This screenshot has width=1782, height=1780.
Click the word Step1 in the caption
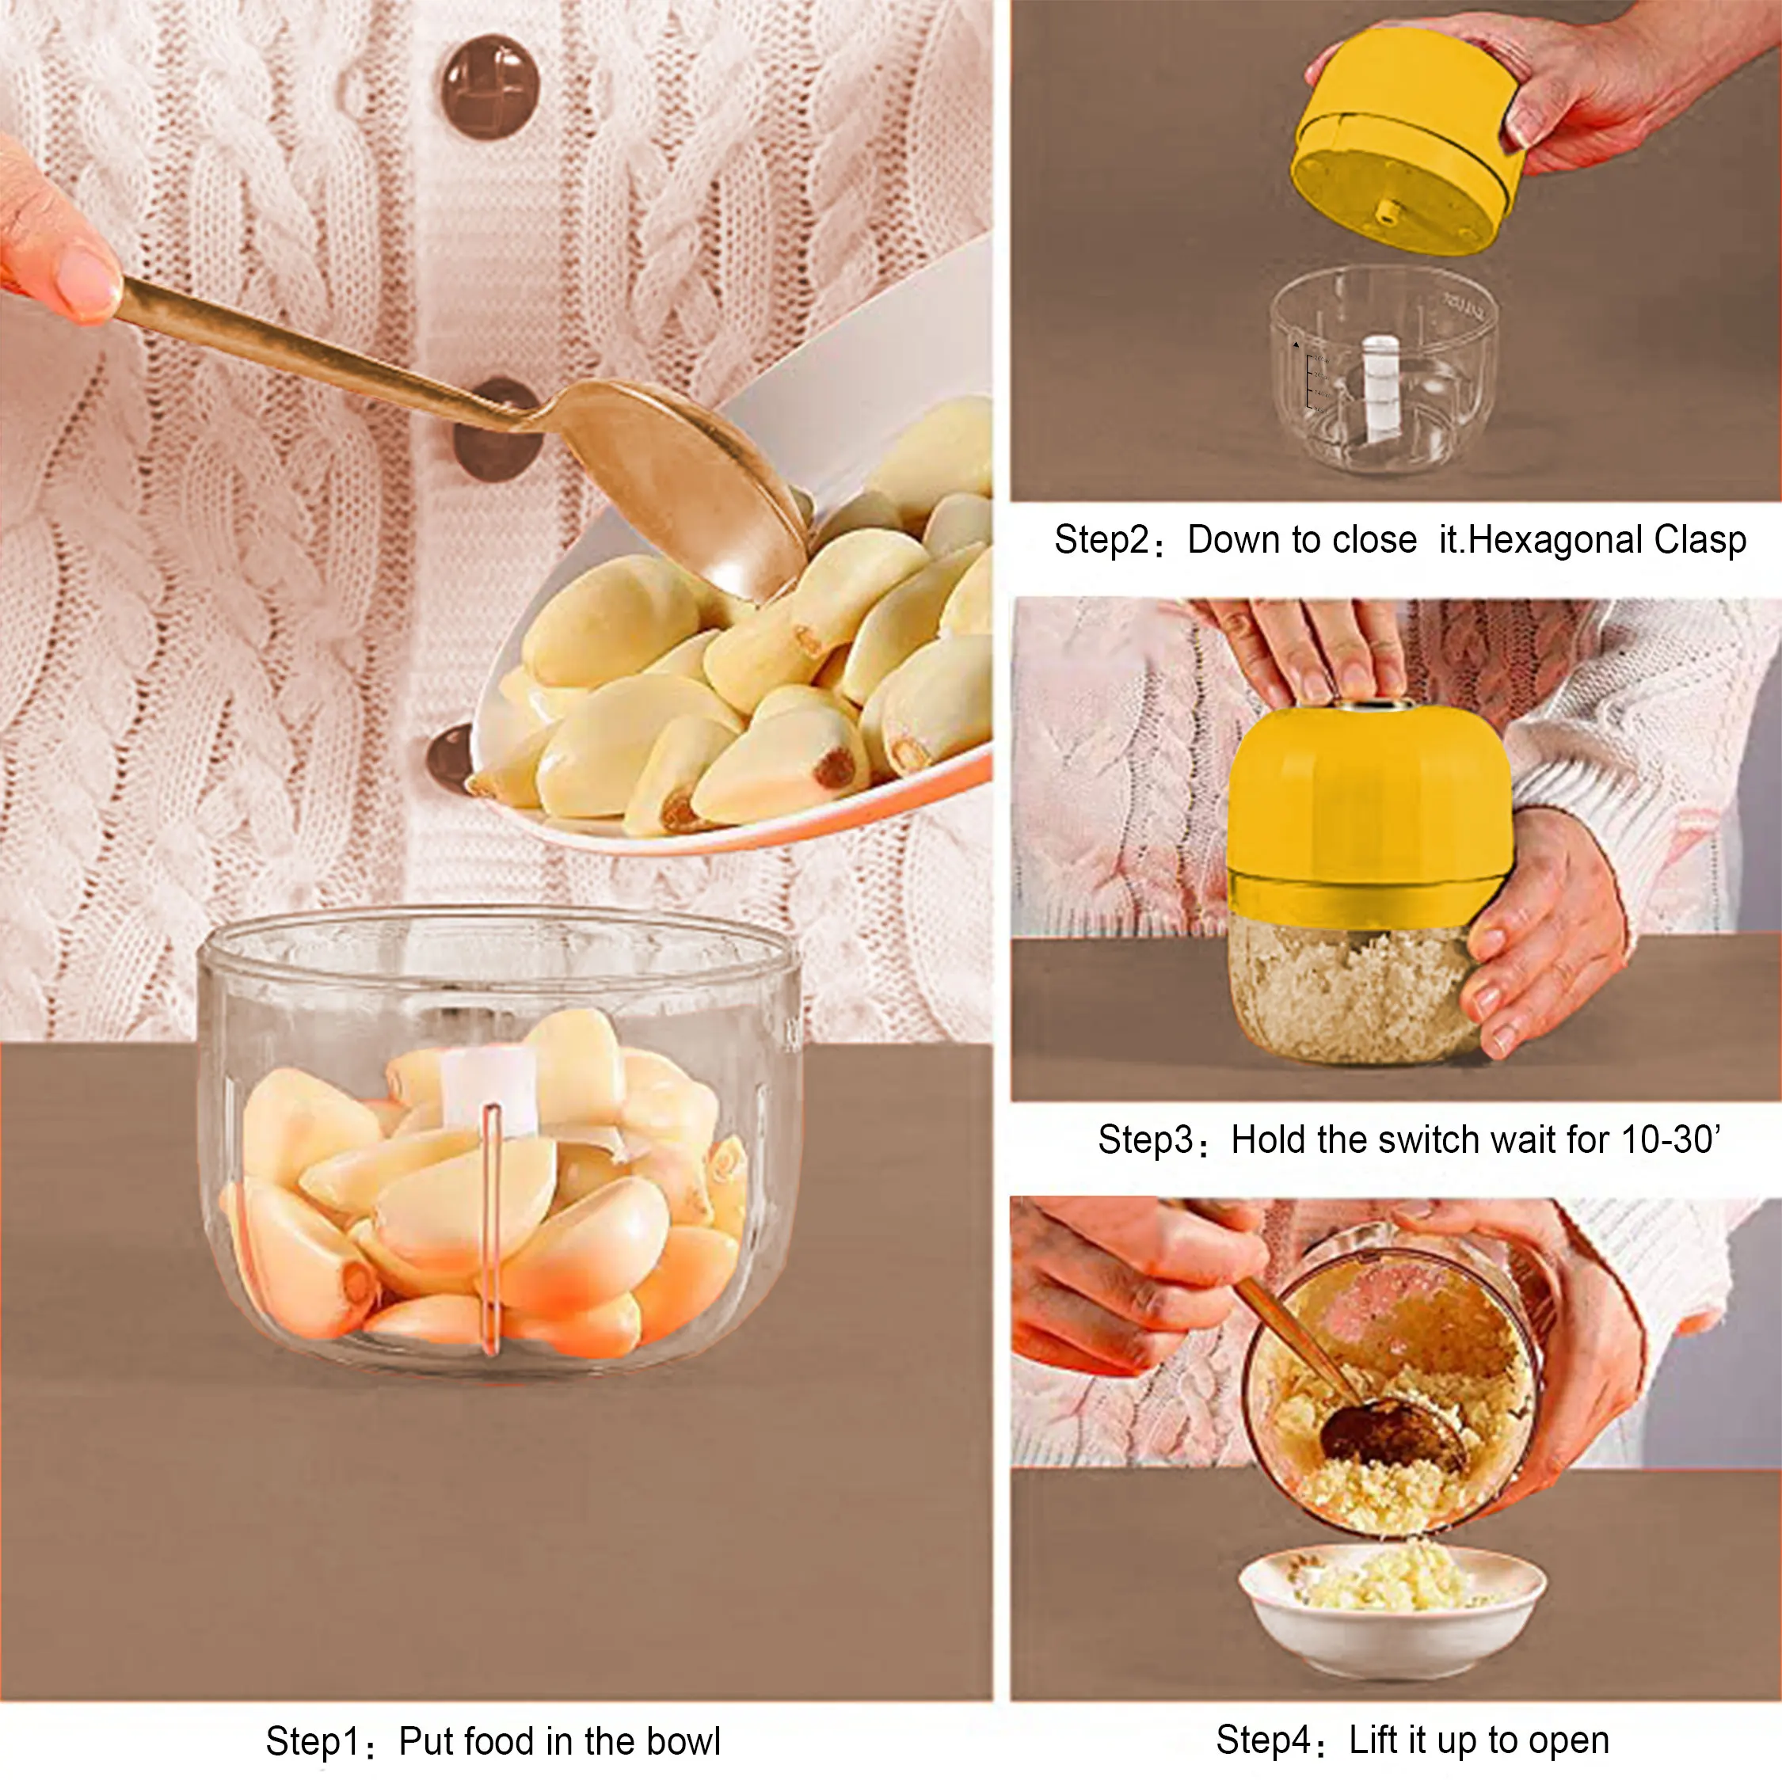[x=310, y=1741]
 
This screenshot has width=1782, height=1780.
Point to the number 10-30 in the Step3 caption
[x=1669, y=1140]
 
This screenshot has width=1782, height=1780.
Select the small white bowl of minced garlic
[x=1391, y=1603]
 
